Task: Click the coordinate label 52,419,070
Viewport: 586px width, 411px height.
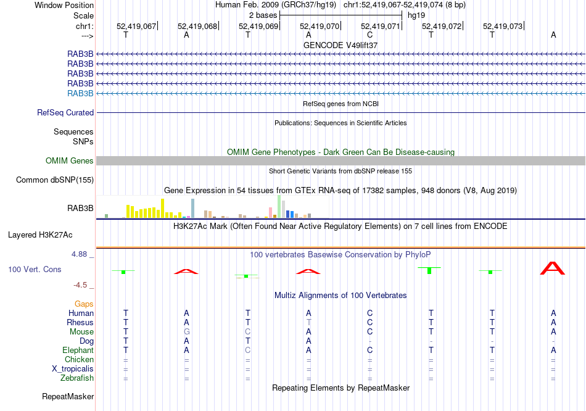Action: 320,26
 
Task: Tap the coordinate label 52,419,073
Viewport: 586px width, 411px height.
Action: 503,26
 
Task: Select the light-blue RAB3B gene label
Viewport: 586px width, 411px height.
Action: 80,93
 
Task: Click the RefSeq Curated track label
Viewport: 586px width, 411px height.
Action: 65,112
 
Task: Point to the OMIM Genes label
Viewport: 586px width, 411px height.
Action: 70,160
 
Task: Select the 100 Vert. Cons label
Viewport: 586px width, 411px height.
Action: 35,269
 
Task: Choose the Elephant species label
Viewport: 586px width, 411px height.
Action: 78,350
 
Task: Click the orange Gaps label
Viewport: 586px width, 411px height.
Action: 84,304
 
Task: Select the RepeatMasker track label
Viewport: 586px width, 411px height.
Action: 67,396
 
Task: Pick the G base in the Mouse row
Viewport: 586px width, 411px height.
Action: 186,331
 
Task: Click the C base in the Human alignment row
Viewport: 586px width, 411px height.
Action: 369,313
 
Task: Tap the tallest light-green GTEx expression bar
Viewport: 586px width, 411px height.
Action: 279,205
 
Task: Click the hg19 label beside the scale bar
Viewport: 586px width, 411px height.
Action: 416,15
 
